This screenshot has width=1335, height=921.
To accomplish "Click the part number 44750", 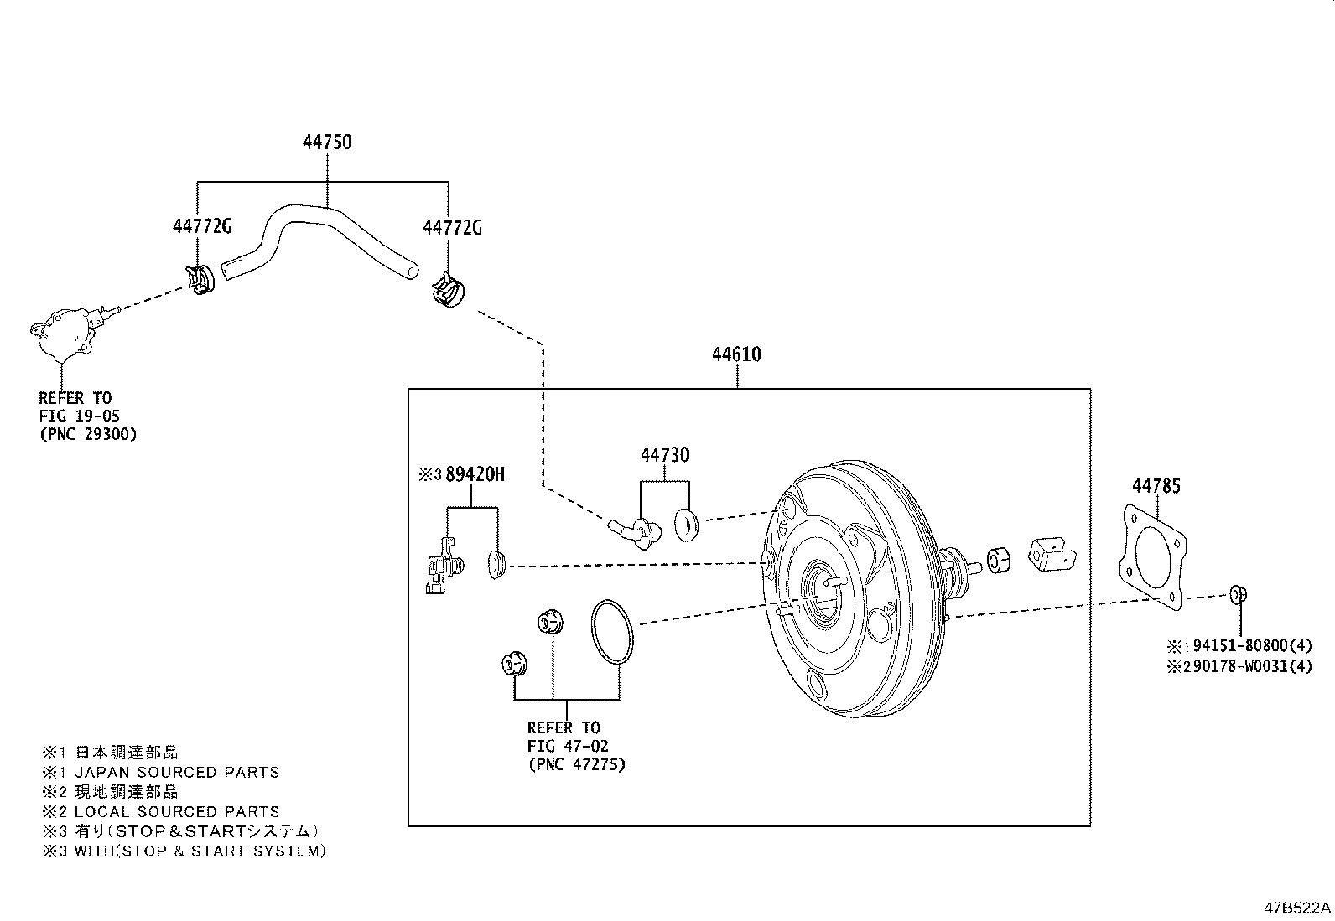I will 327,142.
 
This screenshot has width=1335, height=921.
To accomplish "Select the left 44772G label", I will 202,227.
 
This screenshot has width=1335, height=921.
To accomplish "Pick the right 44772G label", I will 452,227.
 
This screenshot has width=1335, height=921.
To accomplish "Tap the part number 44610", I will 736,354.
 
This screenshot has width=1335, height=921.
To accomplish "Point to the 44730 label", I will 665,455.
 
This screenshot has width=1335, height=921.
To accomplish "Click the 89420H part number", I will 475,474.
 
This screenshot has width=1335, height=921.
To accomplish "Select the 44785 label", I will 1156,485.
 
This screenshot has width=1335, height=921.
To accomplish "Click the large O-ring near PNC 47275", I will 612,633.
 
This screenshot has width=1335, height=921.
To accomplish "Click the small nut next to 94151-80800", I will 1239,595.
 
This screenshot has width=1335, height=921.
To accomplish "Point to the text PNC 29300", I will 87,434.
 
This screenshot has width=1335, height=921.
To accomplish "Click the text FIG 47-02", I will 568,746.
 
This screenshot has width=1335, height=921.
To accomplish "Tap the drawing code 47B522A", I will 1297,908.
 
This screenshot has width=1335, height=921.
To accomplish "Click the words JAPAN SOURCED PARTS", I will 176,772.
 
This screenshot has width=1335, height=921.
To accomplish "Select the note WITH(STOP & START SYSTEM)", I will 200,851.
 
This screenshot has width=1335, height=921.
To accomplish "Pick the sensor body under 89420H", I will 440,570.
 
